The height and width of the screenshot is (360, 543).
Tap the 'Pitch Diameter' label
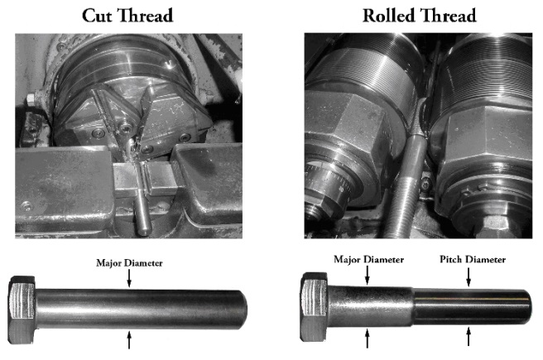(470, 259)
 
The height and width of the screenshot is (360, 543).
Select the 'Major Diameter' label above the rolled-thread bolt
(368, 259)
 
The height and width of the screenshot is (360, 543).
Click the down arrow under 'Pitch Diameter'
(470, 275)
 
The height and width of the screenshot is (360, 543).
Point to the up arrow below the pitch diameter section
(470, 336)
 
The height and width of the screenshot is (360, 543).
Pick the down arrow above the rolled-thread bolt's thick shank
(367, 275)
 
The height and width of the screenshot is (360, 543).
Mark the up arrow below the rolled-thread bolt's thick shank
(367, 338)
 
